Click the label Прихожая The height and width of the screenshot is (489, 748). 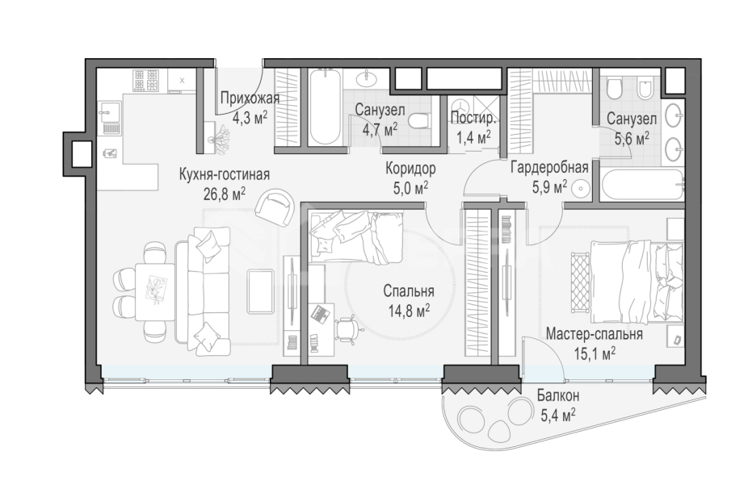250,98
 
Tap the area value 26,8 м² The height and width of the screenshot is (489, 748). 225,194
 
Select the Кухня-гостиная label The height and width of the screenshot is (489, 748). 225,175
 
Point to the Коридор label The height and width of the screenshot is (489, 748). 410,169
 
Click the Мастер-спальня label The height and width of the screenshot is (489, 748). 594,334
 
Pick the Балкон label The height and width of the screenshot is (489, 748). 558,395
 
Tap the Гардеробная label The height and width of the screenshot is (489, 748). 549,168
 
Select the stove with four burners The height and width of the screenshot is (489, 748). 145,81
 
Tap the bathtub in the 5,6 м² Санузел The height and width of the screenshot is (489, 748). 641,185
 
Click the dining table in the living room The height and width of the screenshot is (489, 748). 154,291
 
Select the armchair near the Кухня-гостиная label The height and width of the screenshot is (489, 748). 275,208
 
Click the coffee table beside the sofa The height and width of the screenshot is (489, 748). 260,291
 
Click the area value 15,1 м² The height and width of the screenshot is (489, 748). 595,354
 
